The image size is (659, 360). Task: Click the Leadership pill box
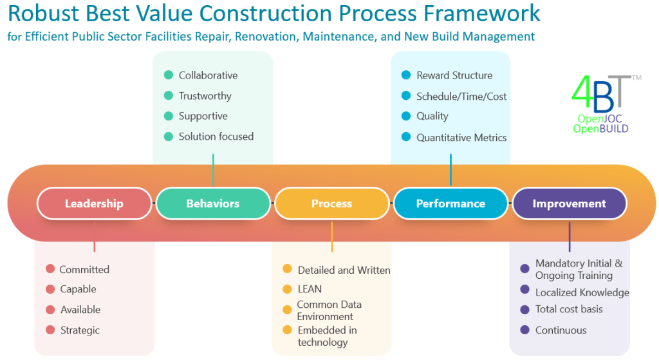click(94, 204)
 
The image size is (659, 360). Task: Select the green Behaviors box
click(212, 204)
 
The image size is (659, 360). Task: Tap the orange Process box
click(331, 204)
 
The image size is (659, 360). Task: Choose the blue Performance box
click(450, 204)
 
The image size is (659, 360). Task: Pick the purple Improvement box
click(569, 204)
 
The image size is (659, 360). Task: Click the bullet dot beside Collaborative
click(169, 75)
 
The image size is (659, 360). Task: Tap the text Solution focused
click(216, 137)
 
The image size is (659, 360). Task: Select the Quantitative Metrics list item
click(461, 137)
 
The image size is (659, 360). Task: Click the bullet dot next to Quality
click(406, 117)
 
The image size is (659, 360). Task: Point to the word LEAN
click(310, 289)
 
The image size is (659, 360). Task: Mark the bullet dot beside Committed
click(50, 269)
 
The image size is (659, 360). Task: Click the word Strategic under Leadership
click(80, 330)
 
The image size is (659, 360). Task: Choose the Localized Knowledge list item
click(582, 292)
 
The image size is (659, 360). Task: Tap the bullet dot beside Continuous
click(525, 330)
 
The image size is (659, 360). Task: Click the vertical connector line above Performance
click(450, 169)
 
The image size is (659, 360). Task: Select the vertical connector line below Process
click(332, 236)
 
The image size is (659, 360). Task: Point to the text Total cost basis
click(569, 309)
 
